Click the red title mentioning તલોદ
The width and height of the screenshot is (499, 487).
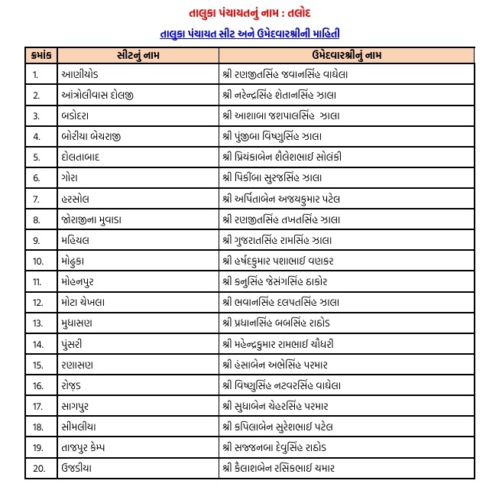pos(248,14)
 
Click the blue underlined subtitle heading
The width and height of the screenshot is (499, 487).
pos(250,34)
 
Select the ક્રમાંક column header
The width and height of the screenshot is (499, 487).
pos(41,55)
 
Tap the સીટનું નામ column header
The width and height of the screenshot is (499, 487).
pos(138,55)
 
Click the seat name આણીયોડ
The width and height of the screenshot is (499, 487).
pos(79,75)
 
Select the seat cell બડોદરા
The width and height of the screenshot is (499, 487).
pos(77,116)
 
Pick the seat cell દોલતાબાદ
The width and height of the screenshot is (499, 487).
pos(83,157)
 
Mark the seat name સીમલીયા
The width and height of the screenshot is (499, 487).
pos(81,426)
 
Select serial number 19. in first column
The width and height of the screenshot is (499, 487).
pos(37,446)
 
